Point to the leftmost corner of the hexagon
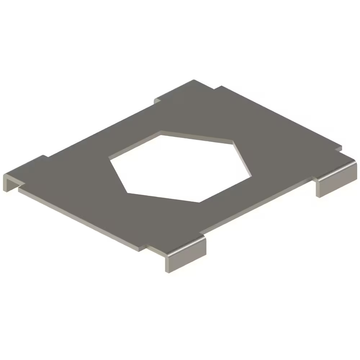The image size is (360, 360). tap(110, 158)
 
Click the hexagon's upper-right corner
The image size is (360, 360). tap(233, 141)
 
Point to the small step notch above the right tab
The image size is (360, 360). tap(338, 148)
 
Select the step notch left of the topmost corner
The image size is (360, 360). tap(157, 100)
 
